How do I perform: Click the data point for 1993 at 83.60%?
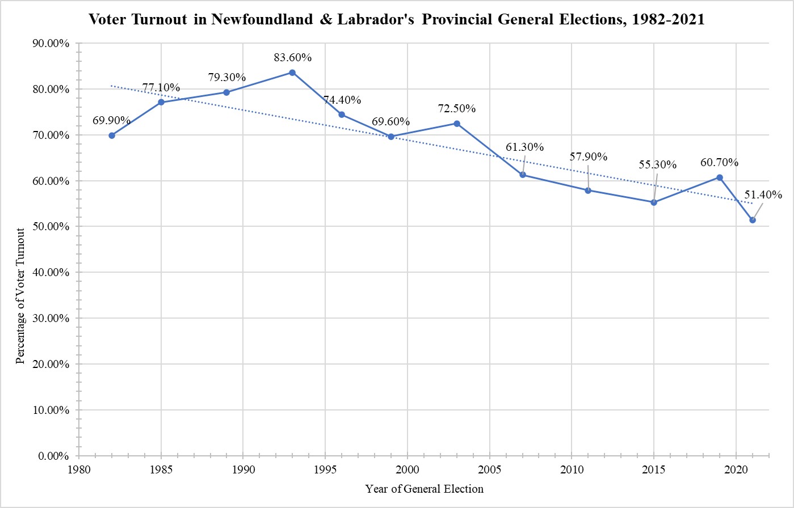pyautogui.click(x=292, y=73)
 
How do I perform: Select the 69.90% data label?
pyautogui.click(x=112, y=120)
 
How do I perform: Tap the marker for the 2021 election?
pyautogui.click(x=753, y=220)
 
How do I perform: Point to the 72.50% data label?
pyautogui.click(x=457, y=108)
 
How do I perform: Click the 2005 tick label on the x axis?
pyautogui.click(x=490, y=470)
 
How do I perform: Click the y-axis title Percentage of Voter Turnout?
pyautogui.click(x=20, y=295)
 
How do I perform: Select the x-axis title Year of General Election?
pyautogui.click(x=425, y=489)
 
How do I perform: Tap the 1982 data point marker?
pyautogui.click(x=112, y=136)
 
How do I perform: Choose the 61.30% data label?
pyautogui.click(x=525, y=147)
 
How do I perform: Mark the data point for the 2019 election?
pyautogui.click(x=720, y=177)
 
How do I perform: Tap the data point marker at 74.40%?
pyautogui.click(x=342, y=115)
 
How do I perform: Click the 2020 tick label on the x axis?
pyautogui.click(x=736, y=470)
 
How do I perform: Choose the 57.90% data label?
pyautogui.click(x=588, y=156)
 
